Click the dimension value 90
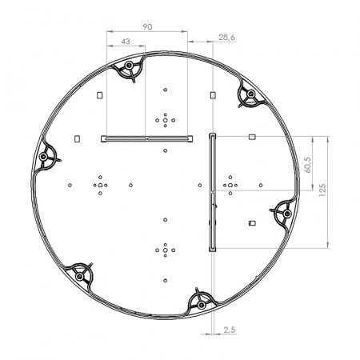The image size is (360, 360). pos(147,27)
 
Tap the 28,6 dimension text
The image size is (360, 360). pos(226,37)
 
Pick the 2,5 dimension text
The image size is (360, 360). pos(229,329)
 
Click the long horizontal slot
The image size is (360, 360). pos(146,138)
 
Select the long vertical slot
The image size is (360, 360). pos(211,192)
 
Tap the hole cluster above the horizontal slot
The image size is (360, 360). pos(165,120)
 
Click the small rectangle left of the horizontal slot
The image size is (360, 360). pos(77,137)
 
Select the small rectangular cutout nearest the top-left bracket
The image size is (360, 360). pos(99,95)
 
